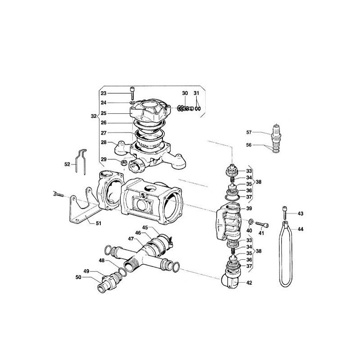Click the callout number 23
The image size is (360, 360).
103,93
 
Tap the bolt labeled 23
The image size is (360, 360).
132,93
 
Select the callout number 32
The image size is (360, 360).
94,116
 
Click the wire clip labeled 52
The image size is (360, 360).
81,162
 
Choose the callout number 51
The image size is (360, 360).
99,223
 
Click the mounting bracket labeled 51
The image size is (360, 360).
83,208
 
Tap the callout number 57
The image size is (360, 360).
249,132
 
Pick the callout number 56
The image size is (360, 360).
249,145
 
